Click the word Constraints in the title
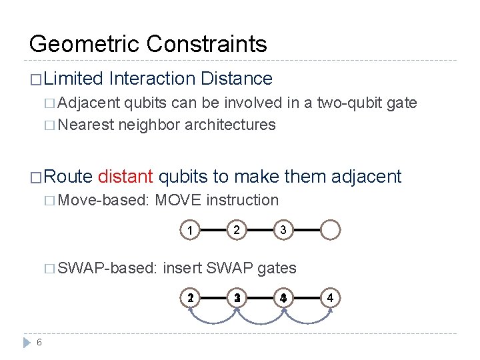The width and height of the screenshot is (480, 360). (207, 44)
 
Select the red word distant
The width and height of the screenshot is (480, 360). (126, 177)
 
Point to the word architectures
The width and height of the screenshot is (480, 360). (230, 125)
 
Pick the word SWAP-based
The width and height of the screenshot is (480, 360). (107, 268)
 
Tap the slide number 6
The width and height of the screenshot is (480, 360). (40, 342)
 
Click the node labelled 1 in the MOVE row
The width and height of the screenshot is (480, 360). (191, 230)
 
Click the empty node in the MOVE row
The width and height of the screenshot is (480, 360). (331, 230)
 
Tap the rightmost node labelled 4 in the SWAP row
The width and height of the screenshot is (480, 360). (331, 298)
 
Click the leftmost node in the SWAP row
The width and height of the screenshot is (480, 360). (191, 298)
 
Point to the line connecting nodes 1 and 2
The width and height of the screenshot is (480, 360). (214, 230)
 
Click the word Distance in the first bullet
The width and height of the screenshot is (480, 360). (235, 79)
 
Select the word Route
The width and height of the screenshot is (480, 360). (69, 177)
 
